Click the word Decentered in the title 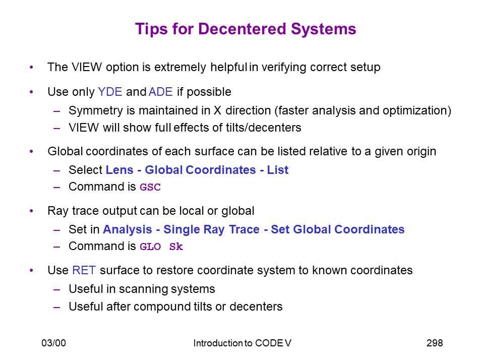(243, 29)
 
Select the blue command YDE (110, 92)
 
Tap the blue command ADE (160, 92)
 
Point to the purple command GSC (150, 187)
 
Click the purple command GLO (150, 247)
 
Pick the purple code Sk (176, 247)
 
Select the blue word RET (84, 270)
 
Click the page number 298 (435, 343)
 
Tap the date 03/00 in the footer (54, 343)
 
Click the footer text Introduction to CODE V (243, 343)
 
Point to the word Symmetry (96, 111)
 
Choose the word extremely (180, 68)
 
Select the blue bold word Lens (119, 170)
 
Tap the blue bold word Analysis (128, 230)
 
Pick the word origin (420, 152)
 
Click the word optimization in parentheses (415, 111)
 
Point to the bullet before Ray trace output (31, 211)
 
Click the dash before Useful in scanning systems (56, 289)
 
